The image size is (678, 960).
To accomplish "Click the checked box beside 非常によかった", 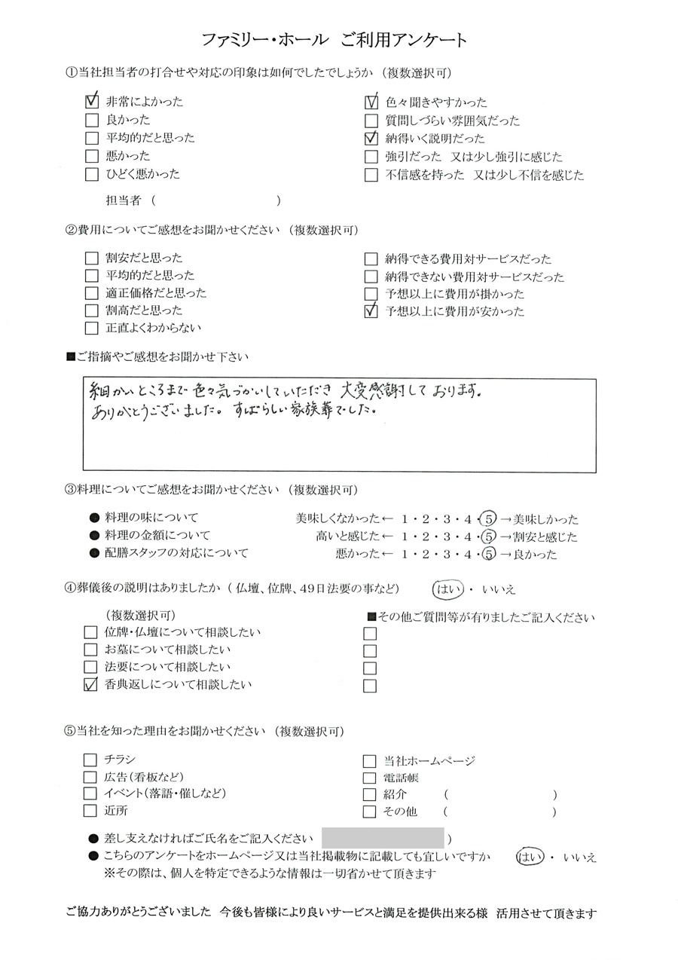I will pyautogui.click(x=92, y=101).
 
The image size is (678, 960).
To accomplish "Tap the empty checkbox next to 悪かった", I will pyautogui.click(x=92, y=156).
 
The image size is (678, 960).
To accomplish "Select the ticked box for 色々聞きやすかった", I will pyautogui.click(x=371, y=102).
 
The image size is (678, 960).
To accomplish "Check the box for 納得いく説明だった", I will pyautogui.click(x=371, y=139).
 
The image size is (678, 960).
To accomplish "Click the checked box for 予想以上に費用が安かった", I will pyautogui.click(x=371, y=311).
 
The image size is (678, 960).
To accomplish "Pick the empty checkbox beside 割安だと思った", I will pyautogui.click(x=92, y=258).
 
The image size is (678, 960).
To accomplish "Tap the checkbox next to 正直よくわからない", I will pyautogui.click(x=92, y=328).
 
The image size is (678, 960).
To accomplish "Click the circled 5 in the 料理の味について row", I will pyautogui.click(x=487, y=518).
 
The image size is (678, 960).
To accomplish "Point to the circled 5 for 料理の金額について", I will pyautogui.click(x=487, y=537).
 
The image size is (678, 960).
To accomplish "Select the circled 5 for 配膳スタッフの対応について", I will pyautogui.click(x=487, y=555).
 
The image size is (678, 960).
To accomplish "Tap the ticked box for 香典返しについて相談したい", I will pyautogui.click(x=92, y=685).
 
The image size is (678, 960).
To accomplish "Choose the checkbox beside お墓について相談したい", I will pyautogui.click(x=92, y=650).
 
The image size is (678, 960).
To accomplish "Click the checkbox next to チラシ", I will pyautogui.click(x=92, y=760).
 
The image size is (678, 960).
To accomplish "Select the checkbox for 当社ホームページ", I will pyautogui.click(x=370, y=761).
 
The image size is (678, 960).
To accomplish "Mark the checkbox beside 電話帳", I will pyautogui.click(x=370, y=778).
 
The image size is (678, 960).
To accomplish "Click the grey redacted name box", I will pyautogui.click(x=383, y=838).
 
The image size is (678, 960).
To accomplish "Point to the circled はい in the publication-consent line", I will pyautogui.click(x=530, y=857).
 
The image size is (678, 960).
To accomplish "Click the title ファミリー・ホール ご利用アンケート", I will pyautogui.click(x=335, y=40).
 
